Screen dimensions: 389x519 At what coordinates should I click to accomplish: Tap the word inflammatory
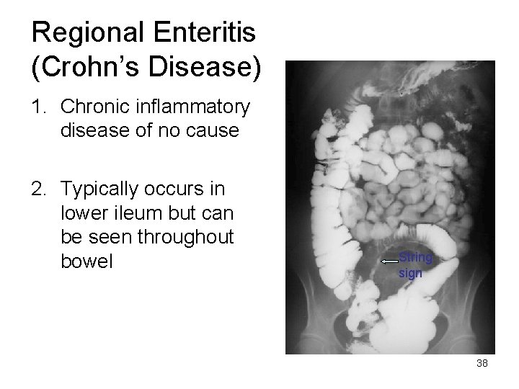pyautogui.click(x=191, y=108)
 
